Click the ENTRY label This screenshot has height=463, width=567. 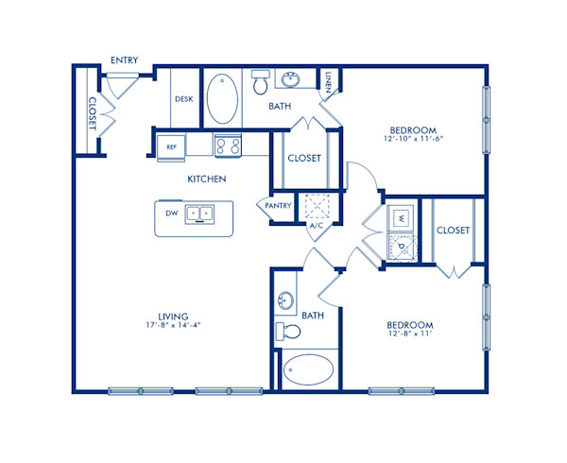124,60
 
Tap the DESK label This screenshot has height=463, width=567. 184,98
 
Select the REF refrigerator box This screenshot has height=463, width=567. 171,146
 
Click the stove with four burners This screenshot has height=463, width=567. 228,146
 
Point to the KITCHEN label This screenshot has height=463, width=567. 206,180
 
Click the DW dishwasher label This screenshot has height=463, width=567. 172,214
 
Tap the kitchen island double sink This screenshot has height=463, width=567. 200,214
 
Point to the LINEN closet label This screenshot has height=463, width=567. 328,83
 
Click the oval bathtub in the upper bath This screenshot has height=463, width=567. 225,98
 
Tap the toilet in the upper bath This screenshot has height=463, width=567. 260,83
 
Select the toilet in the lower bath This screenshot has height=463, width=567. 289,332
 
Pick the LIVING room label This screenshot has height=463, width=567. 174,316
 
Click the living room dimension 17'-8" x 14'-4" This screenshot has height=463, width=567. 174,326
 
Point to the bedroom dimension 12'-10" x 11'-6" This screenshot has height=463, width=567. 412,140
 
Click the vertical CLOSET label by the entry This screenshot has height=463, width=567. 93,113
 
